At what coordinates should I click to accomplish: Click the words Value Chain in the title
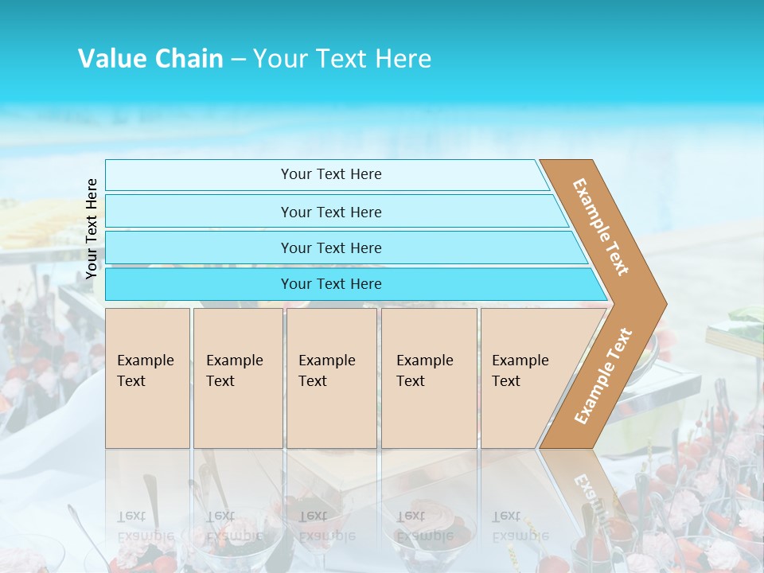(x=150, y=59)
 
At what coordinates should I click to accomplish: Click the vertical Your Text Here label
(x=92, y=228)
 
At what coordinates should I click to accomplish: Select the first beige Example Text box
(x=147, y=378)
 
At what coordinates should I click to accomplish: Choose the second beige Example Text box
(x=237, y=378)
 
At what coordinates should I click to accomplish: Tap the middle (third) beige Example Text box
(x=331, y=378)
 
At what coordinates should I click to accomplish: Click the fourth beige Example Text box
(x=429, y=378)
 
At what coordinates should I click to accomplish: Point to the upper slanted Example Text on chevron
(x=601, y=227)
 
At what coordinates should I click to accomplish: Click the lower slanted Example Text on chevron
(x=603, y=376)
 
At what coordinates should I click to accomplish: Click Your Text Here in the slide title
(x=342, y=59)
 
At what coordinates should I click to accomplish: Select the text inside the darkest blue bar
(x=331, y=284)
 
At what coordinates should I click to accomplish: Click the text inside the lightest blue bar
(x=331, y=174)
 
